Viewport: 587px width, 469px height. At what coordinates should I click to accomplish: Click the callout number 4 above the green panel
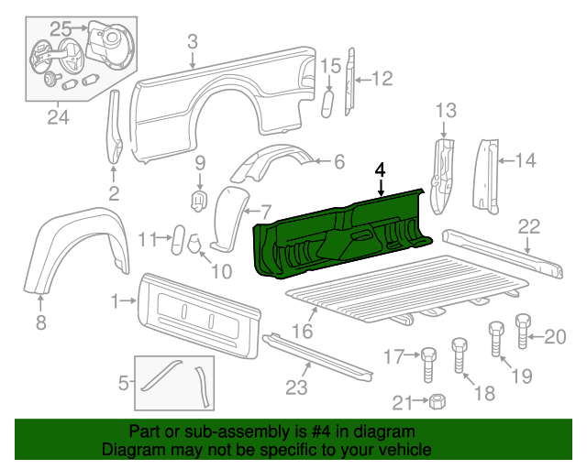(x=381, y=169)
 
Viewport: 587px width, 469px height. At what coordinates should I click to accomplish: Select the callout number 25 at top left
(x=61, y=28)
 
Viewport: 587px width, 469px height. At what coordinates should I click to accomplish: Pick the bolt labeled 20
(x=524, y=331)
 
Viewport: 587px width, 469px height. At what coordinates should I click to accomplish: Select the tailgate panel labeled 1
(x=197, y=311)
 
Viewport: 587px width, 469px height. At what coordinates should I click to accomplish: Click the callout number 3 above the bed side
(x=192, y=40)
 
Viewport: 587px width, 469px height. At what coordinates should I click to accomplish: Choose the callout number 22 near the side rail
(x=529, y=226)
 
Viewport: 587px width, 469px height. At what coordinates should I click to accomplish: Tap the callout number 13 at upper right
(x=445, y=112)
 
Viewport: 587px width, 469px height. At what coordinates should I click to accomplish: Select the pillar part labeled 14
(x=483, y=174)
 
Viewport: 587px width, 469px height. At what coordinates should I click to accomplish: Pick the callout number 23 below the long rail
(x=295, y=387)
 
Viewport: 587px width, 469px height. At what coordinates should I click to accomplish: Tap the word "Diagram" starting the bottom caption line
(x=132, y=451)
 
